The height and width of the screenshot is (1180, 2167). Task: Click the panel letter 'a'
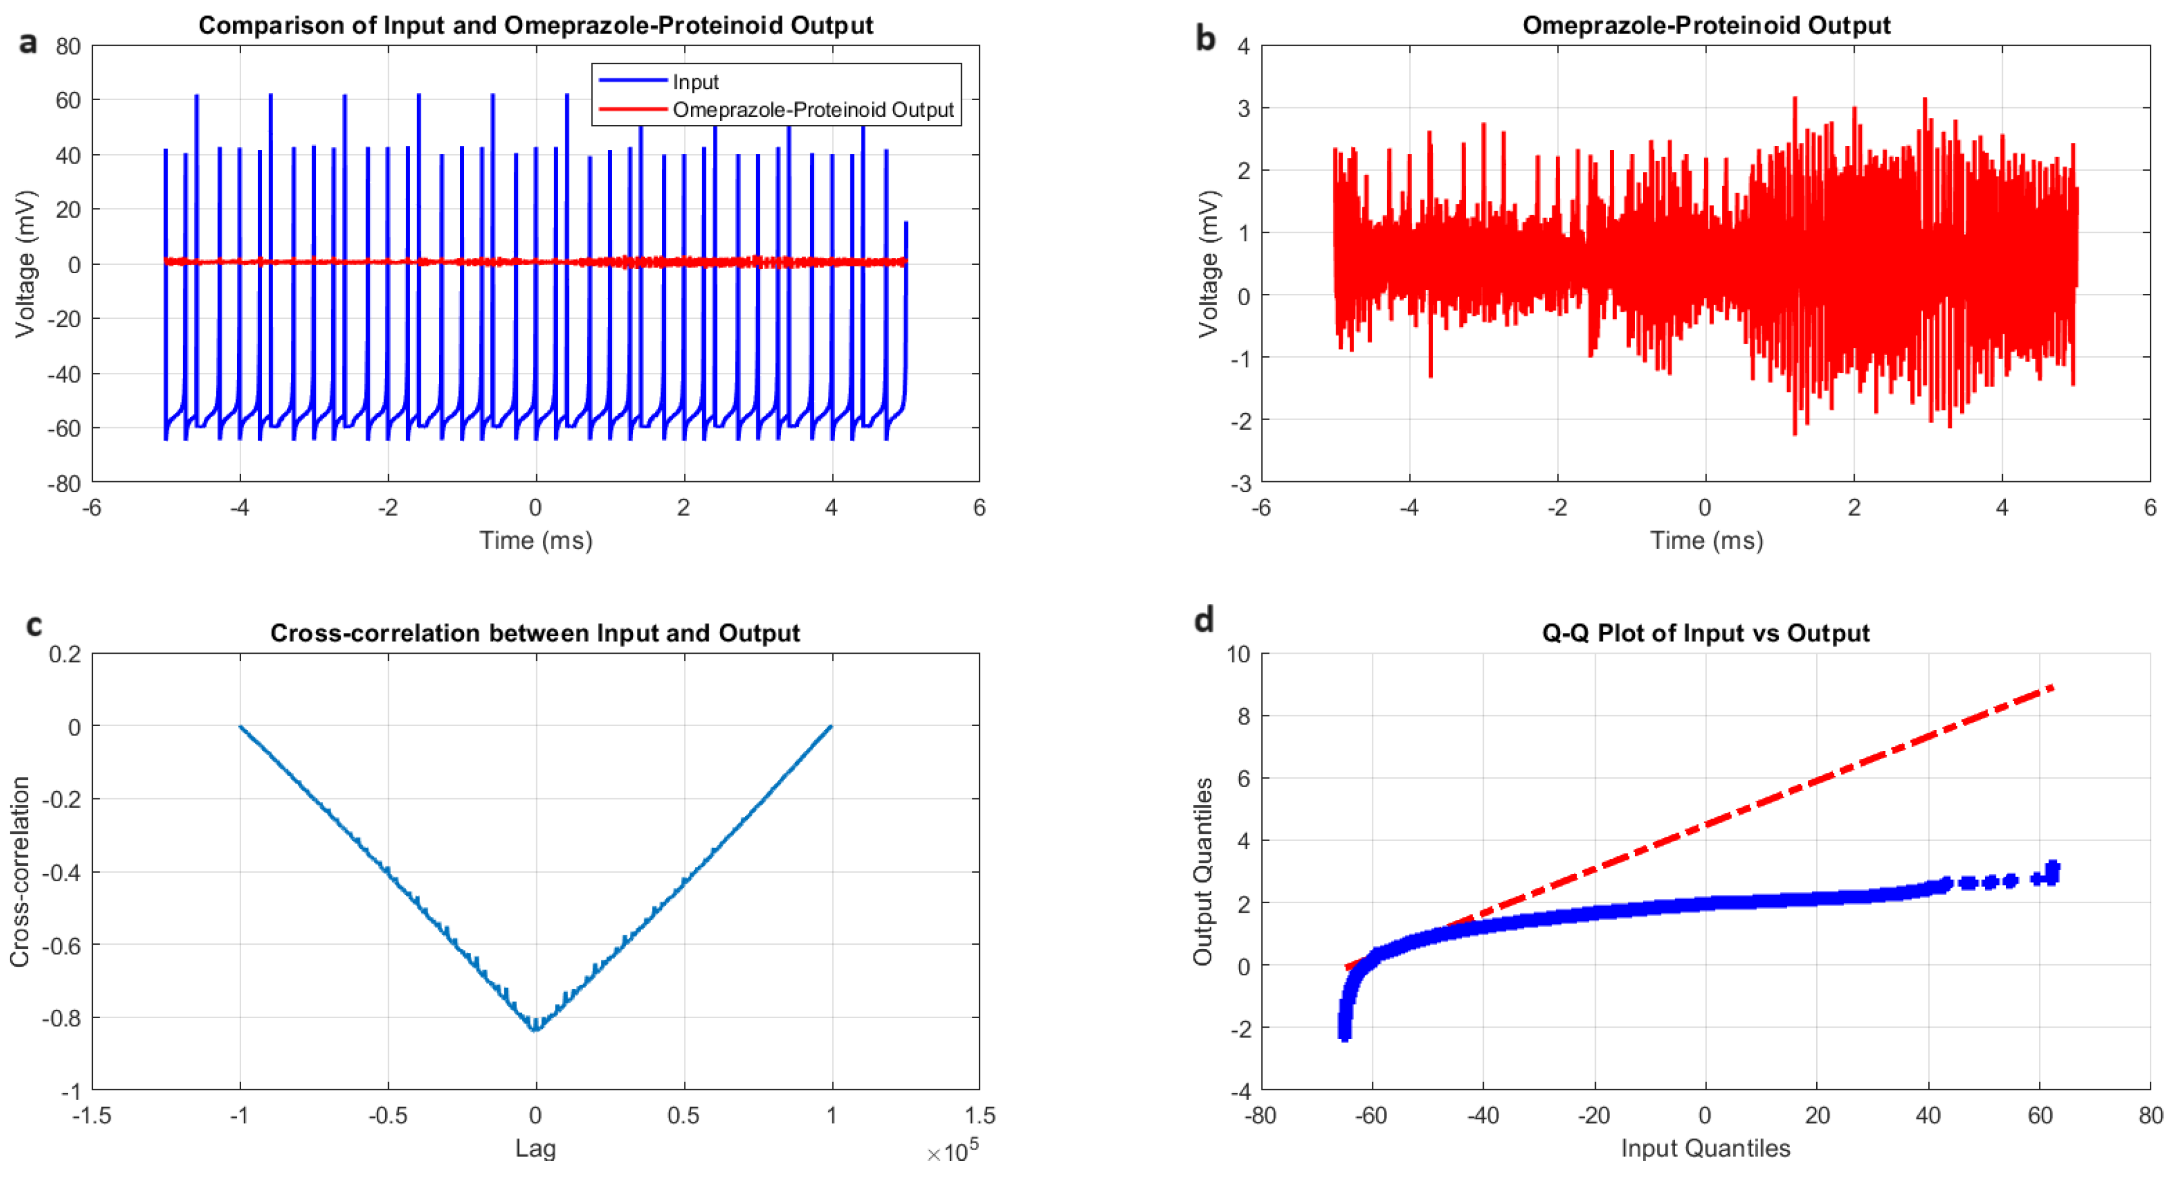(28, 43)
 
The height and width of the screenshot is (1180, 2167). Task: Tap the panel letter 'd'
(1204, 621)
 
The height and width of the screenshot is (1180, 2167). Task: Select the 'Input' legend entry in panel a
(695, 82)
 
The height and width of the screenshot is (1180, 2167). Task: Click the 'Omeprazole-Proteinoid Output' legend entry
(812, 110)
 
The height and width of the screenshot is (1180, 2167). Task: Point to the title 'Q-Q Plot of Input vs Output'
(1705, 633)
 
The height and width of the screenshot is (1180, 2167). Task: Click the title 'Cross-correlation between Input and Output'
(535, 633)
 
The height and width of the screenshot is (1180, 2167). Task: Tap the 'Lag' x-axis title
(535, 1148)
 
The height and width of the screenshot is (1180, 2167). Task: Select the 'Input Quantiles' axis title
(1705, 1148)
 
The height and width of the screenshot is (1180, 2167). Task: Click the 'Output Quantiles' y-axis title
(1203, 872)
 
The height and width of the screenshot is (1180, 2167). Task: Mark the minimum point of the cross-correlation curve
(535, 1028)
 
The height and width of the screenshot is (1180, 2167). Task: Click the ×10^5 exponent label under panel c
(952, 1152)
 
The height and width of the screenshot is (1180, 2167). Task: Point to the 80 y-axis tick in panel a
(68, 46)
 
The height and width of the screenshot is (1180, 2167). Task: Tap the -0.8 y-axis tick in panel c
(62, 1018)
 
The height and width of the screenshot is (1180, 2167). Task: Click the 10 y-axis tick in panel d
(1238, 654)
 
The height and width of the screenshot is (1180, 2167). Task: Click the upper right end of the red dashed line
(2053, 687)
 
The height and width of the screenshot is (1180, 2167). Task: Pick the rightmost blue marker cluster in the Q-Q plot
(2052, 873)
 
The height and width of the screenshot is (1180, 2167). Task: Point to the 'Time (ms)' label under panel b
(1705, 541)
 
